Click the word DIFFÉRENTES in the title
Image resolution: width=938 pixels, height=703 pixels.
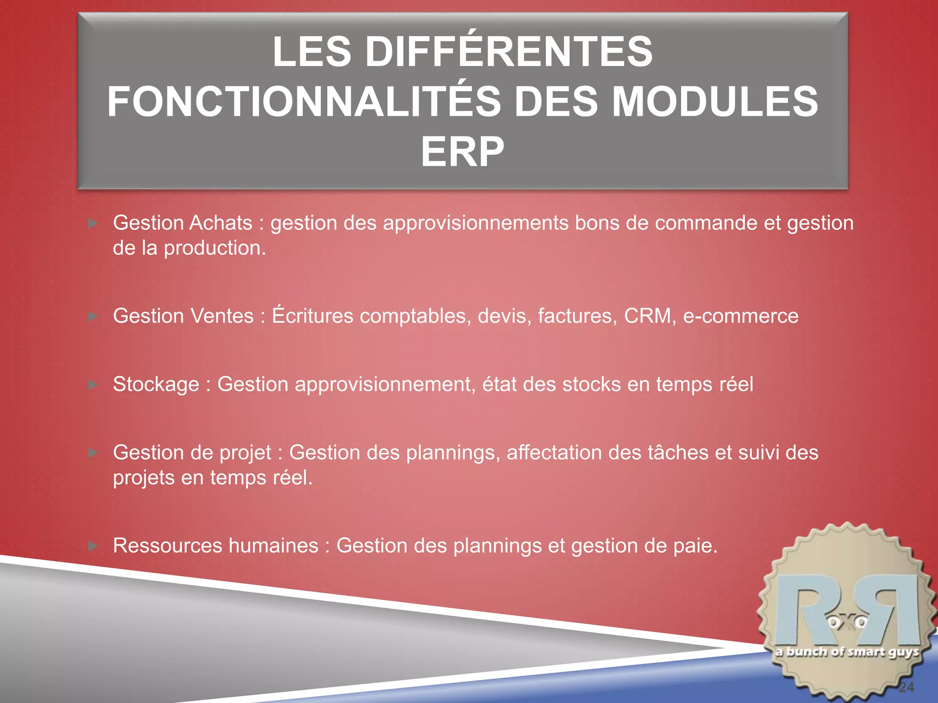pyautogui.click(x=508, y=52)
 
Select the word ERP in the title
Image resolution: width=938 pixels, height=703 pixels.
pyautogui.click(x=463, y=152)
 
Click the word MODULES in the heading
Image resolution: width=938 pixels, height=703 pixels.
pyautogui.click(x=714, y=102)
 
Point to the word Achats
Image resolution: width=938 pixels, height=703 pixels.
pyautogui.click(x=221, y=223)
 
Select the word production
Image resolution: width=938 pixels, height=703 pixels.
pyautogui.click(x=214, y=249)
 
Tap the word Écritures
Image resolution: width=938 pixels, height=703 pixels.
pyautogui.click(x=312, y=316)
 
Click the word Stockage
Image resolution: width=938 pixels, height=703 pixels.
pyautogui.click(x=156, y=384)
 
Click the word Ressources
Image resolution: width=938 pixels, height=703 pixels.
pyautogui.click(x=168, y=546)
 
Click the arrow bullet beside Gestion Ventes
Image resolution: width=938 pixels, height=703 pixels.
pyautogui.click(x=93, y=316)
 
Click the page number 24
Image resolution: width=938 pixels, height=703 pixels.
pyautogui.click(x=906, y=687)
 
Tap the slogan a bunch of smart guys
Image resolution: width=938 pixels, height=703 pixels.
pyautogui.click(x=847, y=652)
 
